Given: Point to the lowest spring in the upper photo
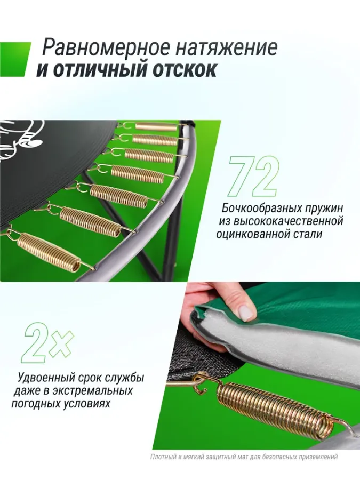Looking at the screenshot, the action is (49, 247).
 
